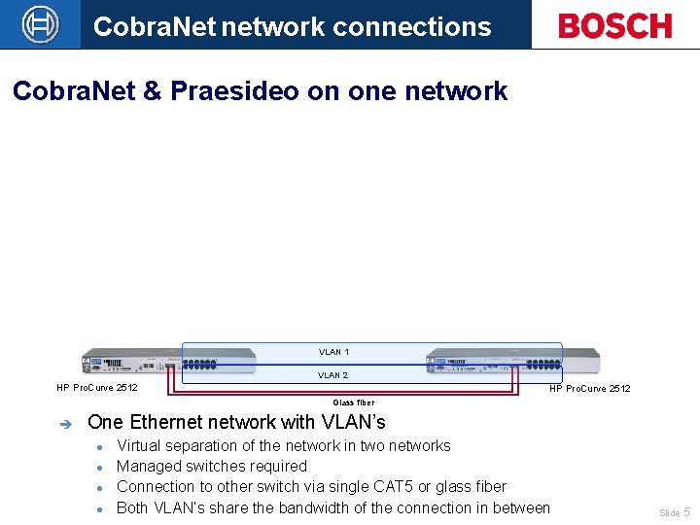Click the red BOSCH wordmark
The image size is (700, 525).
[x=615, y=25]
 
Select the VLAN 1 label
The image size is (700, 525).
[x=333, y=352]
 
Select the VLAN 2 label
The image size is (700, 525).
[x=332, y=375]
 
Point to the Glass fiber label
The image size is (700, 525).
[x=353, y=402]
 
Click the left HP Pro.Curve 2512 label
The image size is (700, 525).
[x=97, y=388]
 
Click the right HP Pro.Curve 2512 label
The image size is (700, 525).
[x=589, y=389]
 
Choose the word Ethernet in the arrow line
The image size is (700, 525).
[x=168, y=422]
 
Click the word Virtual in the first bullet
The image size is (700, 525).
[x=142, y=445]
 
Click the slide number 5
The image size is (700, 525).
[x=686, y=511]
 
